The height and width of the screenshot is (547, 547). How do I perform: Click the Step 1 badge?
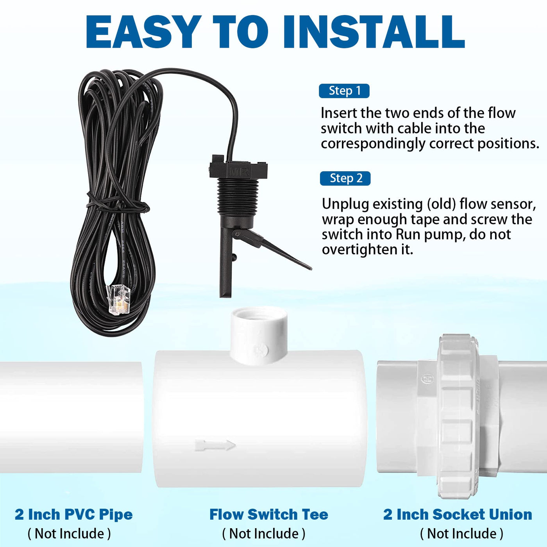point(344,91)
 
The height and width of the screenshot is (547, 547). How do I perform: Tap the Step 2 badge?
point(345,178)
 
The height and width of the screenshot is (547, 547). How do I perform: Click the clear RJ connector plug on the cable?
point(117,299)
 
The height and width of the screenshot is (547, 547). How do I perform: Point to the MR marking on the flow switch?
point(239,172)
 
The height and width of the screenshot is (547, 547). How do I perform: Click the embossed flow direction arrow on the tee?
point(215,445)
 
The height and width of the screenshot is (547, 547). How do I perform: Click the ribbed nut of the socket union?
point(458,417)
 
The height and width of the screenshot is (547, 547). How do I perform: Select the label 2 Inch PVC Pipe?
point(74,514)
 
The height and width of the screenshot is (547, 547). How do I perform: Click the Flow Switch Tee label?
point(268,514)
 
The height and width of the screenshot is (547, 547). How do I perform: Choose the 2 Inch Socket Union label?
point(458,514)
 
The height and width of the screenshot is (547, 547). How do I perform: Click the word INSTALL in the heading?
point(373,32)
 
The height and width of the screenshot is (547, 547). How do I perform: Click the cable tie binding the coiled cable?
point(118,204)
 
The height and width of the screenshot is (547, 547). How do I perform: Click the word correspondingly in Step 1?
point(372,144)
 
